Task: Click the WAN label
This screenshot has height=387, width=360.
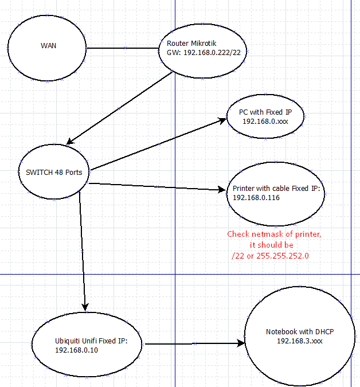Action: [x=48, y=45]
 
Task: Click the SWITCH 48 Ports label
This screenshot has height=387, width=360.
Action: [x=54, y=173]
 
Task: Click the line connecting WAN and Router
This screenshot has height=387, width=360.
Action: [x=124, y=48]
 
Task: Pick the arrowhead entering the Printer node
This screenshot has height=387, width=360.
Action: [x=222, y=190]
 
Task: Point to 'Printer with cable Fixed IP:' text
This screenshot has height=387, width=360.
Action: [x=277, y=188]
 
